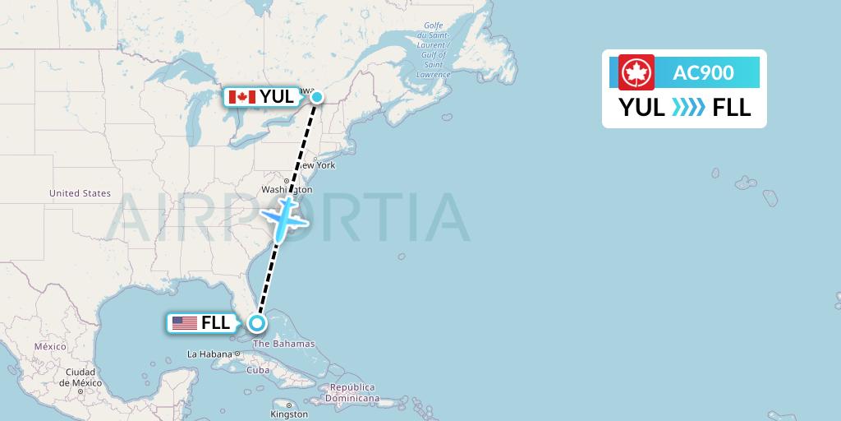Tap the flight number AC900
[703, 72]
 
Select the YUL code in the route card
[642, 107]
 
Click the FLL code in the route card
[732, 107]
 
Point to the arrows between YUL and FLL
[687, 108]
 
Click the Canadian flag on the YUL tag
[242, 97]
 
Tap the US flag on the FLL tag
[185, 323]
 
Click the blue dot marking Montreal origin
[316, 97]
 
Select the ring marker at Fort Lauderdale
[257, 323]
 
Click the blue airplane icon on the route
[283, 218]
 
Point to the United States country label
[80, 193]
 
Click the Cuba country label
[258, 369]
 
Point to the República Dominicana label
[353, 392]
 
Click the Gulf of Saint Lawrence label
[433, 49]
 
